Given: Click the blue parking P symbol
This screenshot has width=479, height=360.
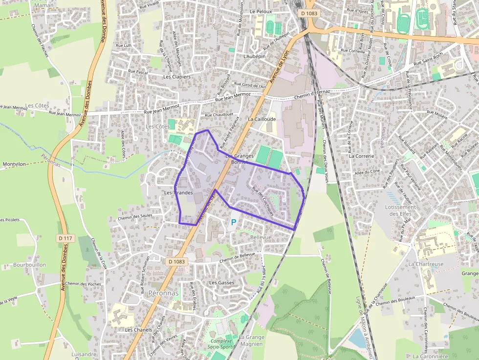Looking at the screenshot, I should (234, 223).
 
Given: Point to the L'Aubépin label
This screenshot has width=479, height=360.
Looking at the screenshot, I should (254, 57).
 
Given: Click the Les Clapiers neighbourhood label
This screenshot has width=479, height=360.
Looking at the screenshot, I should (177, 77).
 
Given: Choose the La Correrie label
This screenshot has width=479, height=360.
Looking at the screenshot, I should (361, 156).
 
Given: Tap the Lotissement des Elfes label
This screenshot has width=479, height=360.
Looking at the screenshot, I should (400, 211).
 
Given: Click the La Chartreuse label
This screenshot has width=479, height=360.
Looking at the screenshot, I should (426, 264).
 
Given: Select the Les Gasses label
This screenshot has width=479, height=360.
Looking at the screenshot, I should (221, 283).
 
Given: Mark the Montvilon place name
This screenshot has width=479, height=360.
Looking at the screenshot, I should (14, 164).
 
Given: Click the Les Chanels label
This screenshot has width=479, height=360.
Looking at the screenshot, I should (138, 330).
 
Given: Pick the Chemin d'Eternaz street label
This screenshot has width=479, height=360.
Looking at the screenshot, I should (313, 94).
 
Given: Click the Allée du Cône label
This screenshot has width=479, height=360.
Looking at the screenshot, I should (367, 171).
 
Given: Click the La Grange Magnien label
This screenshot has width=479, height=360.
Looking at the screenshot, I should (251, 340).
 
